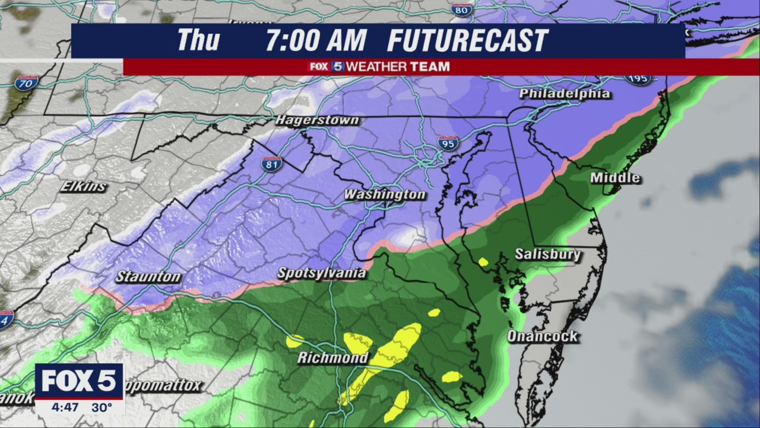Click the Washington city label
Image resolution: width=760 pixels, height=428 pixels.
(x=385, y=195)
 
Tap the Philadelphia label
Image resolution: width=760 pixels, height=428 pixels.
(x=564, y=94)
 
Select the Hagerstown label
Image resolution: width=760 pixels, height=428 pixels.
(x=317, y=121)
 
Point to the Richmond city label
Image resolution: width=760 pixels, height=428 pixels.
(x=332, y=358)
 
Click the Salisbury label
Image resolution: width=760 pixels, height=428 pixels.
(x=547, y=254)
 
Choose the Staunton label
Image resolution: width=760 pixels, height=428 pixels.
(x=148, y=276)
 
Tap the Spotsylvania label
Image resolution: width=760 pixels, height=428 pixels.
(x=322, y=273)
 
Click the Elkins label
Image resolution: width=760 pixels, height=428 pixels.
(x=83, y=187)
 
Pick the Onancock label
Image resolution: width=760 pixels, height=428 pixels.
(x=542, y=336)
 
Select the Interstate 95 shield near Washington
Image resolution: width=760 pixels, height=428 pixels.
(x=448, y=143)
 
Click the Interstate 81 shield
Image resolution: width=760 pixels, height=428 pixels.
(x=271, y=164)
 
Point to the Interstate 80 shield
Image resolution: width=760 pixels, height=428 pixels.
(x=461, y=10)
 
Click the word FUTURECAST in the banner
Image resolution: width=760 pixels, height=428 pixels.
(x=467, y=41)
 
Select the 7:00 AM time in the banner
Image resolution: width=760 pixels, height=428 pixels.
(x=316, y=41)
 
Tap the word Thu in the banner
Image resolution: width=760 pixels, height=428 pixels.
(x=198, y=40)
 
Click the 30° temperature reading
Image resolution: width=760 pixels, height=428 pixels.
(x=102, y=408)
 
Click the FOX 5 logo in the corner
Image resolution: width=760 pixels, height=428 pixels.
(x=79, y=381)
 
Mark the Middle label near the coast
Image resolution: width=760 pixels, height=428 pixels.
(x=615, y=178)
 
